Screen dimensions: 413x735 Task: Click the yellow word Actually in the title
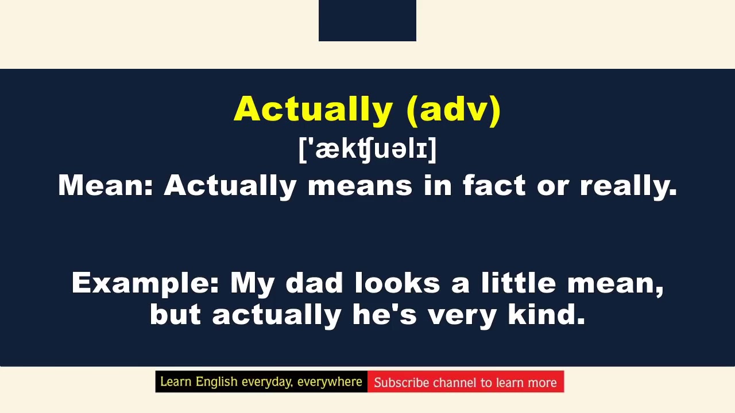point(313,109)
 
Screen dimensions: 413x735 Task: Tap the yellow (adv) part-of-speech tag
point(454,109)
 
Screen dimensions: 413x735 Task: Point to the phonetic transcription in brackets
point(367,149)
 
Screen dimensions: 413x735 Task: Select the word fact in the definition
point(494,186)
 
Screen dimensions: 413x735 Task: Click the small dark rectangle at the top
point(367,20)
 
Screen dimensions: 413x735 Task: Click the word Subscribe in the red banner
point(401,383)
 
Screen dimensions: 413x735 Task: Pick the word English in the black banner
point(217,382)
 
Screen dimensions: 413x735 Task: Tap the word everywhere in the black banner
point(330,382)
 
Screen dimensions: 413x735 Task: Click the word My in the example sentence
point(252,283)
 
